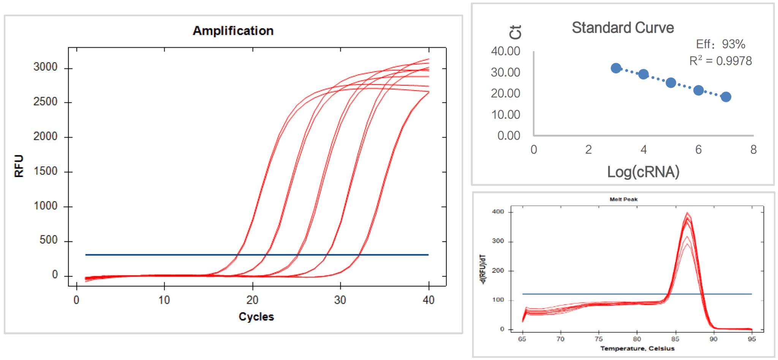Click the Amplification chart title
point(233,31)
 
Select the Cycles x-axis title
point(256,317)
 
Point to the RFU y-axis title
point(19,166)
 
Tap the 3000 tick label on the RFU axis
point(45,67)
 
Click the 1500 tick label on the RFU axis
point(45,171)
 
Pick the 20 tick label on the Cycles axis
point(252,300)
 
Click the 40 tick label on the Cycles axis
point(429,300)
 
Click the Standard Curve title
point(623,28)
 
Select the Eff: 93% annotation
point(720,44)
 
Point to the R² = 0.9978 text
point(720,61)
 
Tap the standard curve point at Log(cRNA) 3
point(616,68)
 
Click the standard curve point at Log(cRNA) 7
point(726,97)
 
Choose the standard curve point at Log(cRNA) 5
point(671,83)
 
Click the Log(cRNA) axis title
point(643,172)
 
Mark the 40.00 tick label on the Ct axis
point(505,51)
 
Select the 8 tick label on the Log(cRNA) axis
point(753,150)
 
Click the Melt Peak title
point(623,199)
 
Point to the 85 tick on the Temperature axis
point(675,339)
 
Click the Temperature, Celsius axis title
point(637,349)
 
